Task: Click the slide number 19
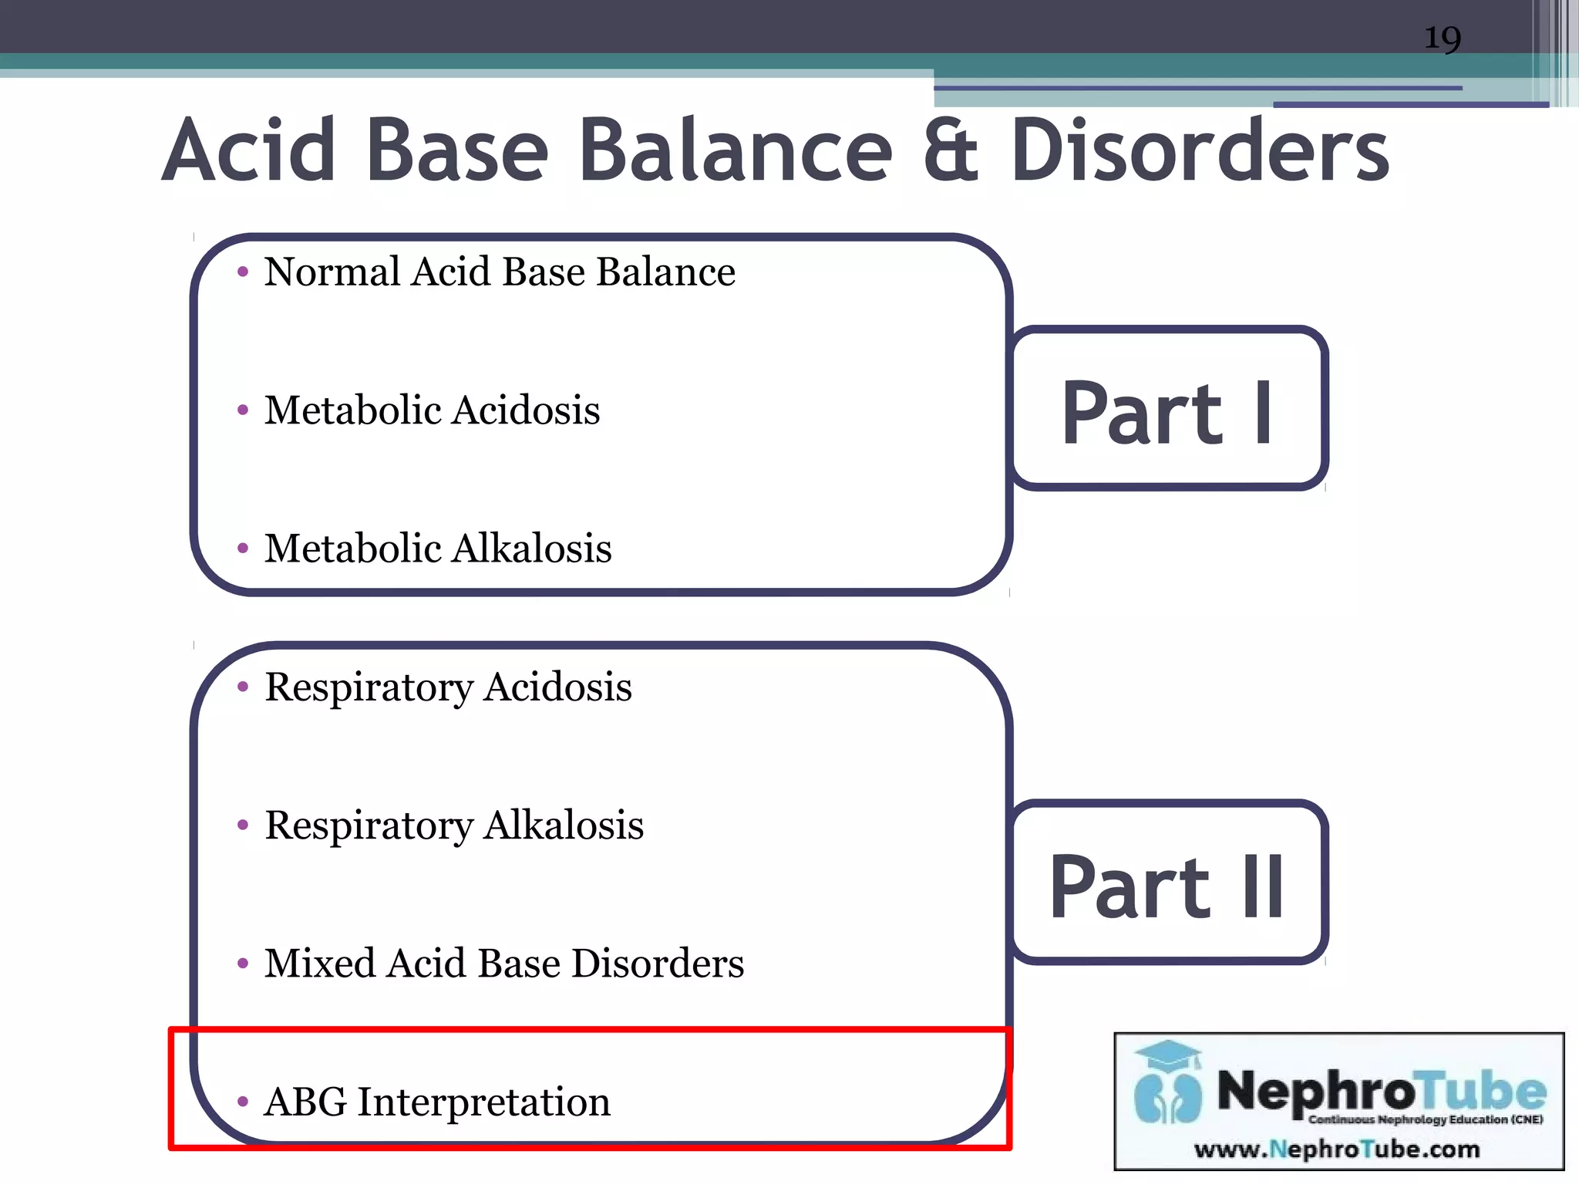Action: [x=1442, y=38]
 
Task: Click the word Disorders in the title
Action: [x=1199, y=151]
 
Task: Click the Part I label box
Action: [x=1168, y=409]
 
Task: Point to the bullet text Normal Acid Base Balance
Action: [x=500, y=272]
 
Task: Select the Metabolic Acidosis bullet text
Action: [x=432, y=410]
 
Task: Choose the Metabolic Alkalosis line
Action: [x=438, y=549]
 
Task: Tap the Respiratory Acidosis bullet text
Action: [x=448, y=687]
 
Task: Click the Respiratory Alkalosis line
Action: [x=454, y=825]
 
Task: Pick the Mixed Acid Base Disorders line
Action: [x=504, y=963]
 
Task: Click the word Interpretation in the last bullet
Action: [x=483, y=1102]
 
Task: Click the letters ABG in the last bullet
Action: [x=305, y=1102]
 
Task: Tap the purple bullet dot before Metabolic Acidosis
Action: [x=243, y=410]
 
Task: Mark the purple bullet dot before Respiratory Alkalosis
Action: [x=243, y=825]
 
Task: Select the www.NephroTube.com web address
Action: [x=1337, y=1150]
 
